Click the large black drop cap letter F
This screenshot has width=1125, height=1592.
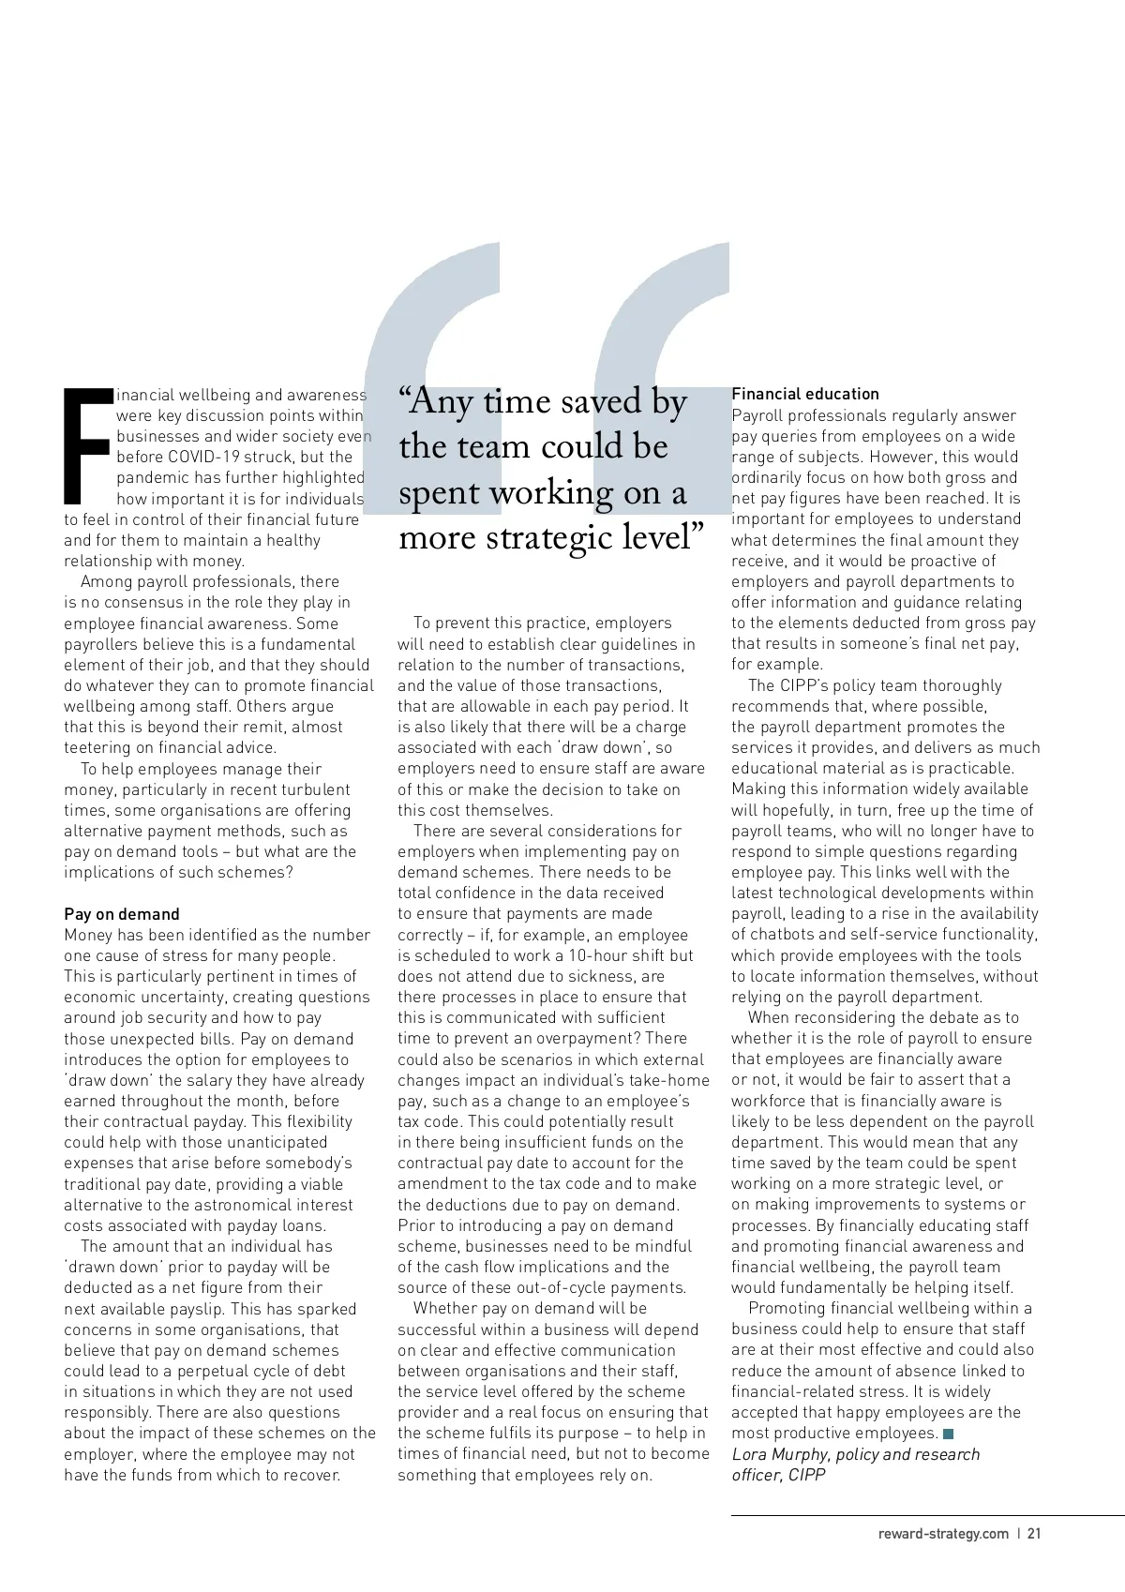tap(87, 445)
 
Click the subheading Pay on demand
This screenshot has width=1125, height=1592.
tap(121, 914)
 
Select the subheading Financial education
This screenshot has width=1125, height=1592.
tap(804, 394)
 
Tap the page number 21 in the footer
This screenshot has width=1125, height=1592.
tap(1034, 1534)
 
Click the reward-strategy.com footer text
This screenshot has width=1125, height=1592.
tap(943, 1534)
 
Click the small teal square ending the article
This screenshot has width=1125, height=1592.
tap(949, 1434)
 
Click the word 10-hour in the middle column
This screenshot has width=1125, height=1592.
tap(598, 955)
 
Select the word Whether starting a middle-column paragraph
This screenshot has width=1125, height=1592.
tap(445, 1308)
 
